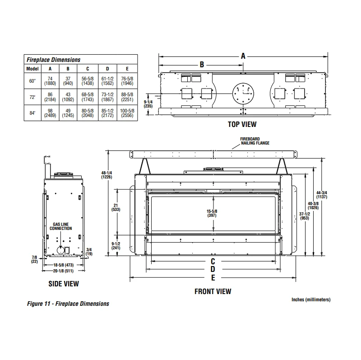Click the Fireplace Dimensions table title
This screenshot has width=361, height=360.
pos(53,60)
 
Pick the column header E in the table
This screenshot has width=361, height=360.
pos(127,69)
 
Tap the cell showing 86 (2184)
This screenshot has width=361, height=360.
pos(50,97)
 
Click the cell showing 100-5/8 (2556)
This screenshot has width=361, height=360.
pos(127,113)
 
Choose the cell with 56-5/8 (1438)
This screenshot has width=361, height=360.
pos(88,80)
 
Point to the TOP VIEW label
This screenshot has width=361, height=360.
pos(242,124)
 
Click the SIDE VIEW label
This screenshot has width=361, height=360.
pos(64,284)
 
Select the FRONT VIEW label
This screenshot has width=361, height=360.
pos(213,291)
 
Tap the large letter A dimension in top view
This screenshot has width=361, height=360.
pos(243,56)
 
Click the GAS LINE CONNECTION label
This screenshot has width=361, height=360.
pos(62,226)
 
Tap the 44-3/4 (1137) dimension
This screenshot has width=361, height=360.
pos(335,194)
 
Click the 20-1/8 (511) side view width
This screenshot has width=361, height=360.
pos(64,271)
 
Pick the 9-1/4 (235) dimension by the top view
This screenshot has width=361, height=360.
pos(148,104)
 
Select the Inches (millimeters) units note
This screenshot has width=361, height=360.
pos(311,299)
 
